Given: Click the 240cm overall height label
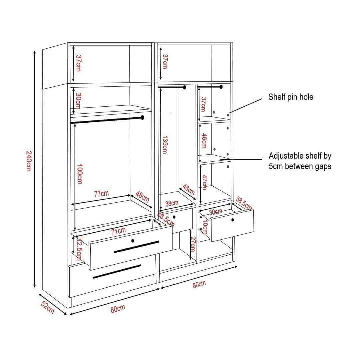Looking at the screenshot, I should pos(29,161).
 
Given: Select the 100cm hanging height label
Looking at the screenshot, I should pos(80,174).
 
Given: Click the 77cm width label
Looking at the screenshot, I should pos(101,194).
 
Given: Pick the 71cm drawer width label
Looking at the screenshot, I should pos(118,231).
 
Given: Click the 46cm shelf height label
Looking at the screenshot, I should pos(204,141).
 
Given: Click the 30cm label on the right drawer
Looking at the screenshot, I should pos(215,211).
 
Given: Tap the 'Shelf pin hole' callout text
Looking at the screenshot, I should pos(291,97).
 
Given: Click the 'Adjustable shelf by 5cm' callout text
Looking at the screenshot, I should pos(300,161).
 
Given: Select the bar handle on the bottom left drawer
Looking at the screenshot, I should pos(117,272).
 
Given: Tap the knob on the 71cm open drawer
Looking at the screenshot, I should pos(133,241).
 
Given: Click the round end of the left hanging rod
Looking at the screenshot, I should pos(143,117).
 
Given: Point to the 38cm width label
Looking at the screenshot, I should pos(172,203).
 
